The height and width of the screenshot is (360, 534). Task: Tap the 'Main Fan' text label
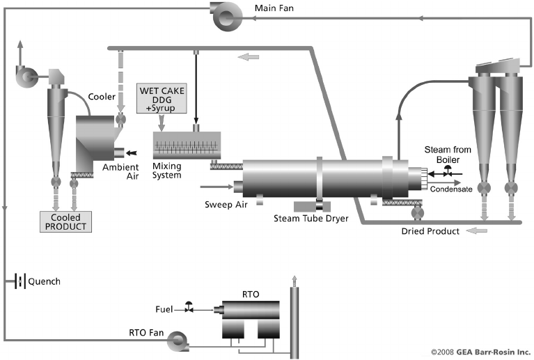276,9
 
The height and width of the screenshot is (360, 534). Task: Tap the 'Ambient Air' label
120,171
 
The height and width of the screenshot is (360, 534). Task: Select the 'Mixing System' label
166,171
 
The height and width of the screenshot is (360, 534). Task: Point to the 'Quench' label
44,281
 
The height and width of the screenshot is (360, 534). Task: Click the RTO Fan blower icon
176,338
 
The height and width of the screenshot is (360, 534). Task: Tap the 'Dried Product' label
430,231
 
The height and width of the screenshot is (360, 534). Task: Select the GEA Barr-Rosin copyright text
480,352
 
